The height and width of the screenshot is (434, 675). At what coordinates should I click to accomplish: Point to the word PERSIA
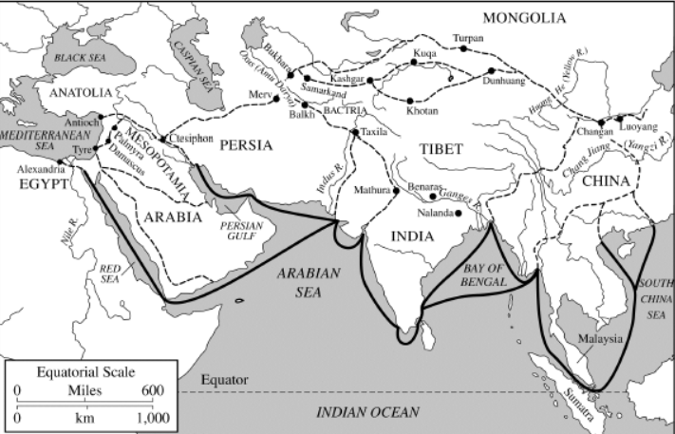coord(245,145)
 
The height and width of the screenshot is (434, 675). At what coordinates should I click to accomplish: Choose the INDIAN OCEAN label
coord(367,411)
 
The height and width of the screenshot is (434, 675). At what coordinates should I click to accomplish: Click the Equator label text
coord(224,380)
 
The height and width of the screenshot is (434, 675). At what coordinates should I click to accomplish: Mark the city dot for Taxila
coord(355,131)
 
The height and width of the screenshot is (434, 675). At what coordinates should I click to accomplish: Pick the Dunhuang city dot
coord(492,71)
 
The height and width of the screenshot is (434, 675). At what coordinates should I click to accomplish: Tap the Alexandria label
coord(41,169)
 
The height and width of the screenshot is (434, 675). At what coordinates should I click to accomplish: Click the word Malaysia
coord(599,339)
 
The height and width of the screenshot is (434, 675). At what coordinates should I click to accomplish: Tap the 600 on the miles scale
coord(152,389)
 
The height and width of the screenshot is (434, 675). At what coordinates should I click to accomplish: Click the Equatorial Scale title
coord(84,371)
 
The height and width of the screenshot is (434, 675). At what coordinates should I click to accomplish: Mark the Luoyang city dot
coord(618,119)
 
